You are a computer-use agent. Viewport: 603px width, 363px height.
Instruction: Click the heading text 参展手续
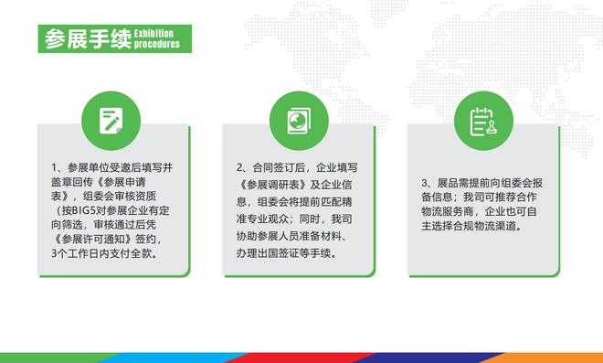[x=88, y=39]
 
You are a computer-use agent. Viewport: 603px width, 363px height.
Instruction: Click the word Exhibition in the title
[x=153, y=33]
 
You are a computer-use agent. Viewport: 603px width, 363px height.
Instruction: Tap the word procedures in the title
[x=157, y=44]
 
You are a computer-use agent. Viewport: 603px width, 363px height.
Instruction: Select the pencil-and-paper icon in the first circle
[x=111, y=121]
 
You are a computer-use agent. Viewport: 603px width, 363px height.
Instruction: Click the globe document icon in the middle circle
[x=299, y=121]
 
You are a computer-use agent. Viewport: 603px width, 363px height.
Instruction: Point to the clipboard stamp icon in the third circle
[x=483, y=122]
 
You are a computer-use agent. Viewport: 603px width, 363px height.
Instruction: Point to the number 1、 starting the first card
[x=58, y=168]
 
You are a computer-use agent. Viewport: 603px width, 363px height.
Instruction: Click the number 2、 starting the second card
[x=243, y=168]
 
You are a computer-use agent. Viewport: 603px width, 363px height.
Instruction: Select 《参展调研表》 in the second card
[x=272, y=185]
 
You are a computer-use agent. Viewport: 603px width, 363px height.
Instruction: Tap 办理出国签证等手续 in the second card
[x=283, y=253]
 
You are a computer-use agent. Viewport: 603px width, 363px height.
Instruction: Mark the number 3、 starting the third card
[x=428, y=183]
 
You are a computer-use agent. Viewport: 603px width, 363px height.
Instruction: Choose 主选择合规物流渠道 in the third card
[x=469, y=227]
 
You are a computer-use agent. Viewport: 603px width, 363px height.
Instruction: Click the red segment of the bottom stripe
[x=300, y=358]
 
